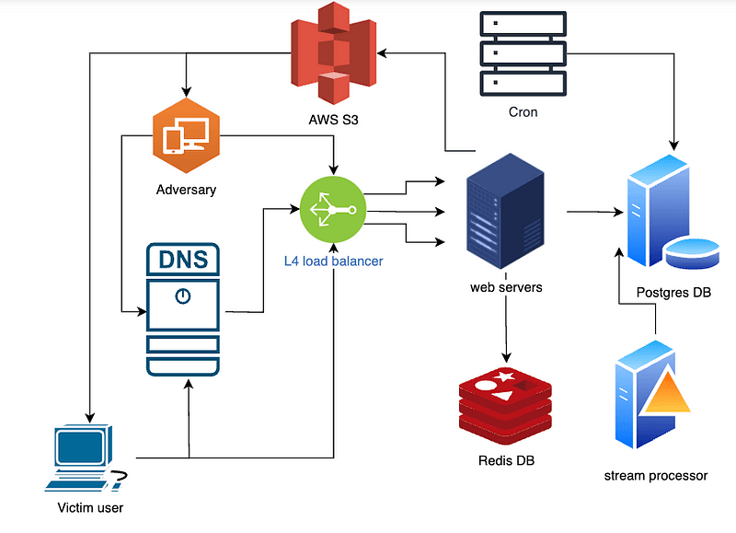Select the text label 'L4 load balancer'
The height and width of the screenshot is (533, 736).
click(332, 261)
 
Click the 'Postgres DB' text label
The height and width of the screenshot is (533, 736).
click(673, 293)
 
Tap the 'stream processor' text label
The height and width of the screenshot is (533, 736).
click(656, 476)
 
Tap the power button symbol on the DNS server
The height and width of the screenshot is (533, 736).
click(183, 296)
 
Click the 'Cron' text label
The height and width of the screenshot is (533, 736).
click(523, 112)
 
